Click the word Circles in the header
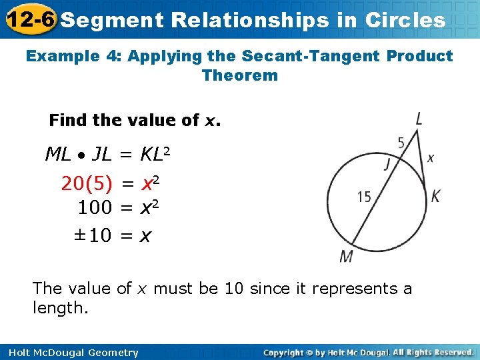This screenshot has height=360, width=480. click(x=405, y=20)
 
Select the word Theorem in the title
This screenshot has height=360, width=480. click(x=240, y=75)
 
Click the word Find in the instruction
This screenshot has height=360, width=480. click(x=67, y=120)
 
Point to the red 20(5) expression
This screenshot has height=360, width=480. click(x=87, y=183)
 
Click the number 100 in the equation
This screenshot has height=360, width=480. click(x=95, y=208)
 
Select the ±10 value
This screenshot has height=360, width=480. click(x=93, y=235)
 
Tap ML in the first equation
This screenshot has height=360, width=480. click(x=58, y=155)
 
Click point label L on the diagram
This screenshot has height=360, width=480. click(x=419, y=119)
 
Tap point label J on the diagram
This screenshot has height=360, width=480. click(x=387, y=165)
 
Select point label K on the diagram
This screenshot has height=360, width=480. click(x=435, y=196)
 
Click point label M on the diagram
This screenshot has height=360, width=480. click(x=347, y=256)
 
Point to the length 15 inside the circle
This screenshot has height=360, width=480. click(x=365, y=197)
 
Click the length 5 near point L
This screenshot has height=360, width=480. click(x=401, y=142)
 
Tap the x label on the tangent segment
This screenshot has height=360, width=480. click(x=431, y=158)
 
